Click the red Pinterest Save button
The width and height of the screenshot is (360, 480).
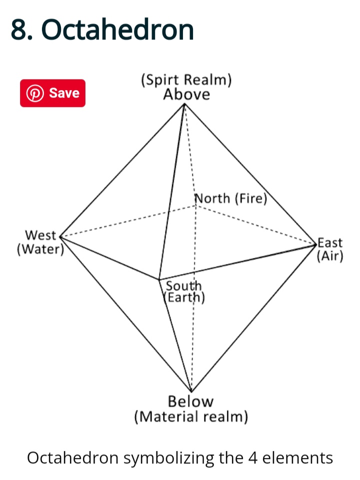pos(52,93)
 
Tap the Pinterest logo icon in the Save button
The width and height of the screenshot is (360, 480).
pos(35,93)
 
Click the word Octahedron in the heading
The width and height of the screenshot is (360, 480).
pos(117,30)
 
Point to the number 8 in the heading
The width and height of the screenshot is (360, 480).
pos(19,30)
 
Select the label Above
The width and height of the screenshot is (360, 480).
pos(186,95)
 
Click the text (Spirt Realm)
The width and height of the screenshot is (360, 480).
pos(186,80)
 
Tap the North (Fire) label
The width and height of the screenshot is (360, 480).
pos(230,199)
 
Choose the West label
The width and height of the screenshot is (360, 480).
pos(40,235)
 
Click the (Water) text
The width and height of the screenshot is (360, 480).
pos(40,249)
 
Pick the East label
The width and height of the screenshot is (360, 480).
pos(330,243)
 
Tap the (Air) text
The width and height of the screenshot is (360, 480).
pos(330,256)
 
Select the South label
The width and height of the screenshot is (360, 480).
pos(183,286)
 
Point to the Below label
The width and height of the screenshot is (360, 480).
pos(190,401)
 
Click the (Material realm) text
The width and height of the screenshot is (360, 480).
pos(191,416)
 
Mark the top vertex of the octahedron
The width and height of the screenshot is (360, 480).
pos(184,104)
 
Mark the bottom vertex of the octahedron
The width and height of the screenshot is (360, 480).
pos(191,391)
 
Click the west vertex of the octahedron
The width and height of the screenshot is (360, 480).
pos(60,236)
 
